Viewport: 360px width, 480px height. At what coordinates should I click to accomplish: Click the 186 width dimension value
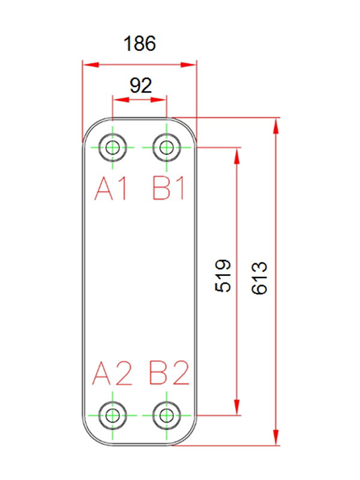point(139,44)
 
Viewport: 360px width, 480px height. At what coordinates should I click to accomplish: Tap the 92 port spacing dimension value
point(140,85)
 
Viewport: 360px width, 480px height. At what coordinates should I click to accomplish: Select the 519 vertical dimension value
point(223,275)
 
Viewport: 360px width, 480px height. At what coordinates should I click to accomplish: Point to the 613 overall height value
point(259,278)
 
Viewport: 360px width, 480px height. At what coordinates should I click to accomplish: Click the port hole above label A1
point(112,147)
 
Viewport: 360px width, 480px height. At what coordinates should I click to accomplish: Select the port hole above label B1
point(166,147)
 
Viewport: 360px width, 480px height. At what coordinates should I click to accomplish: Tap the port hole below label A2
point(112,415)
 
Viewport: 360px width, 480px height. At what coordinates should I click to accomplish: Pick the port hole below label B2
point(166,415)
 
